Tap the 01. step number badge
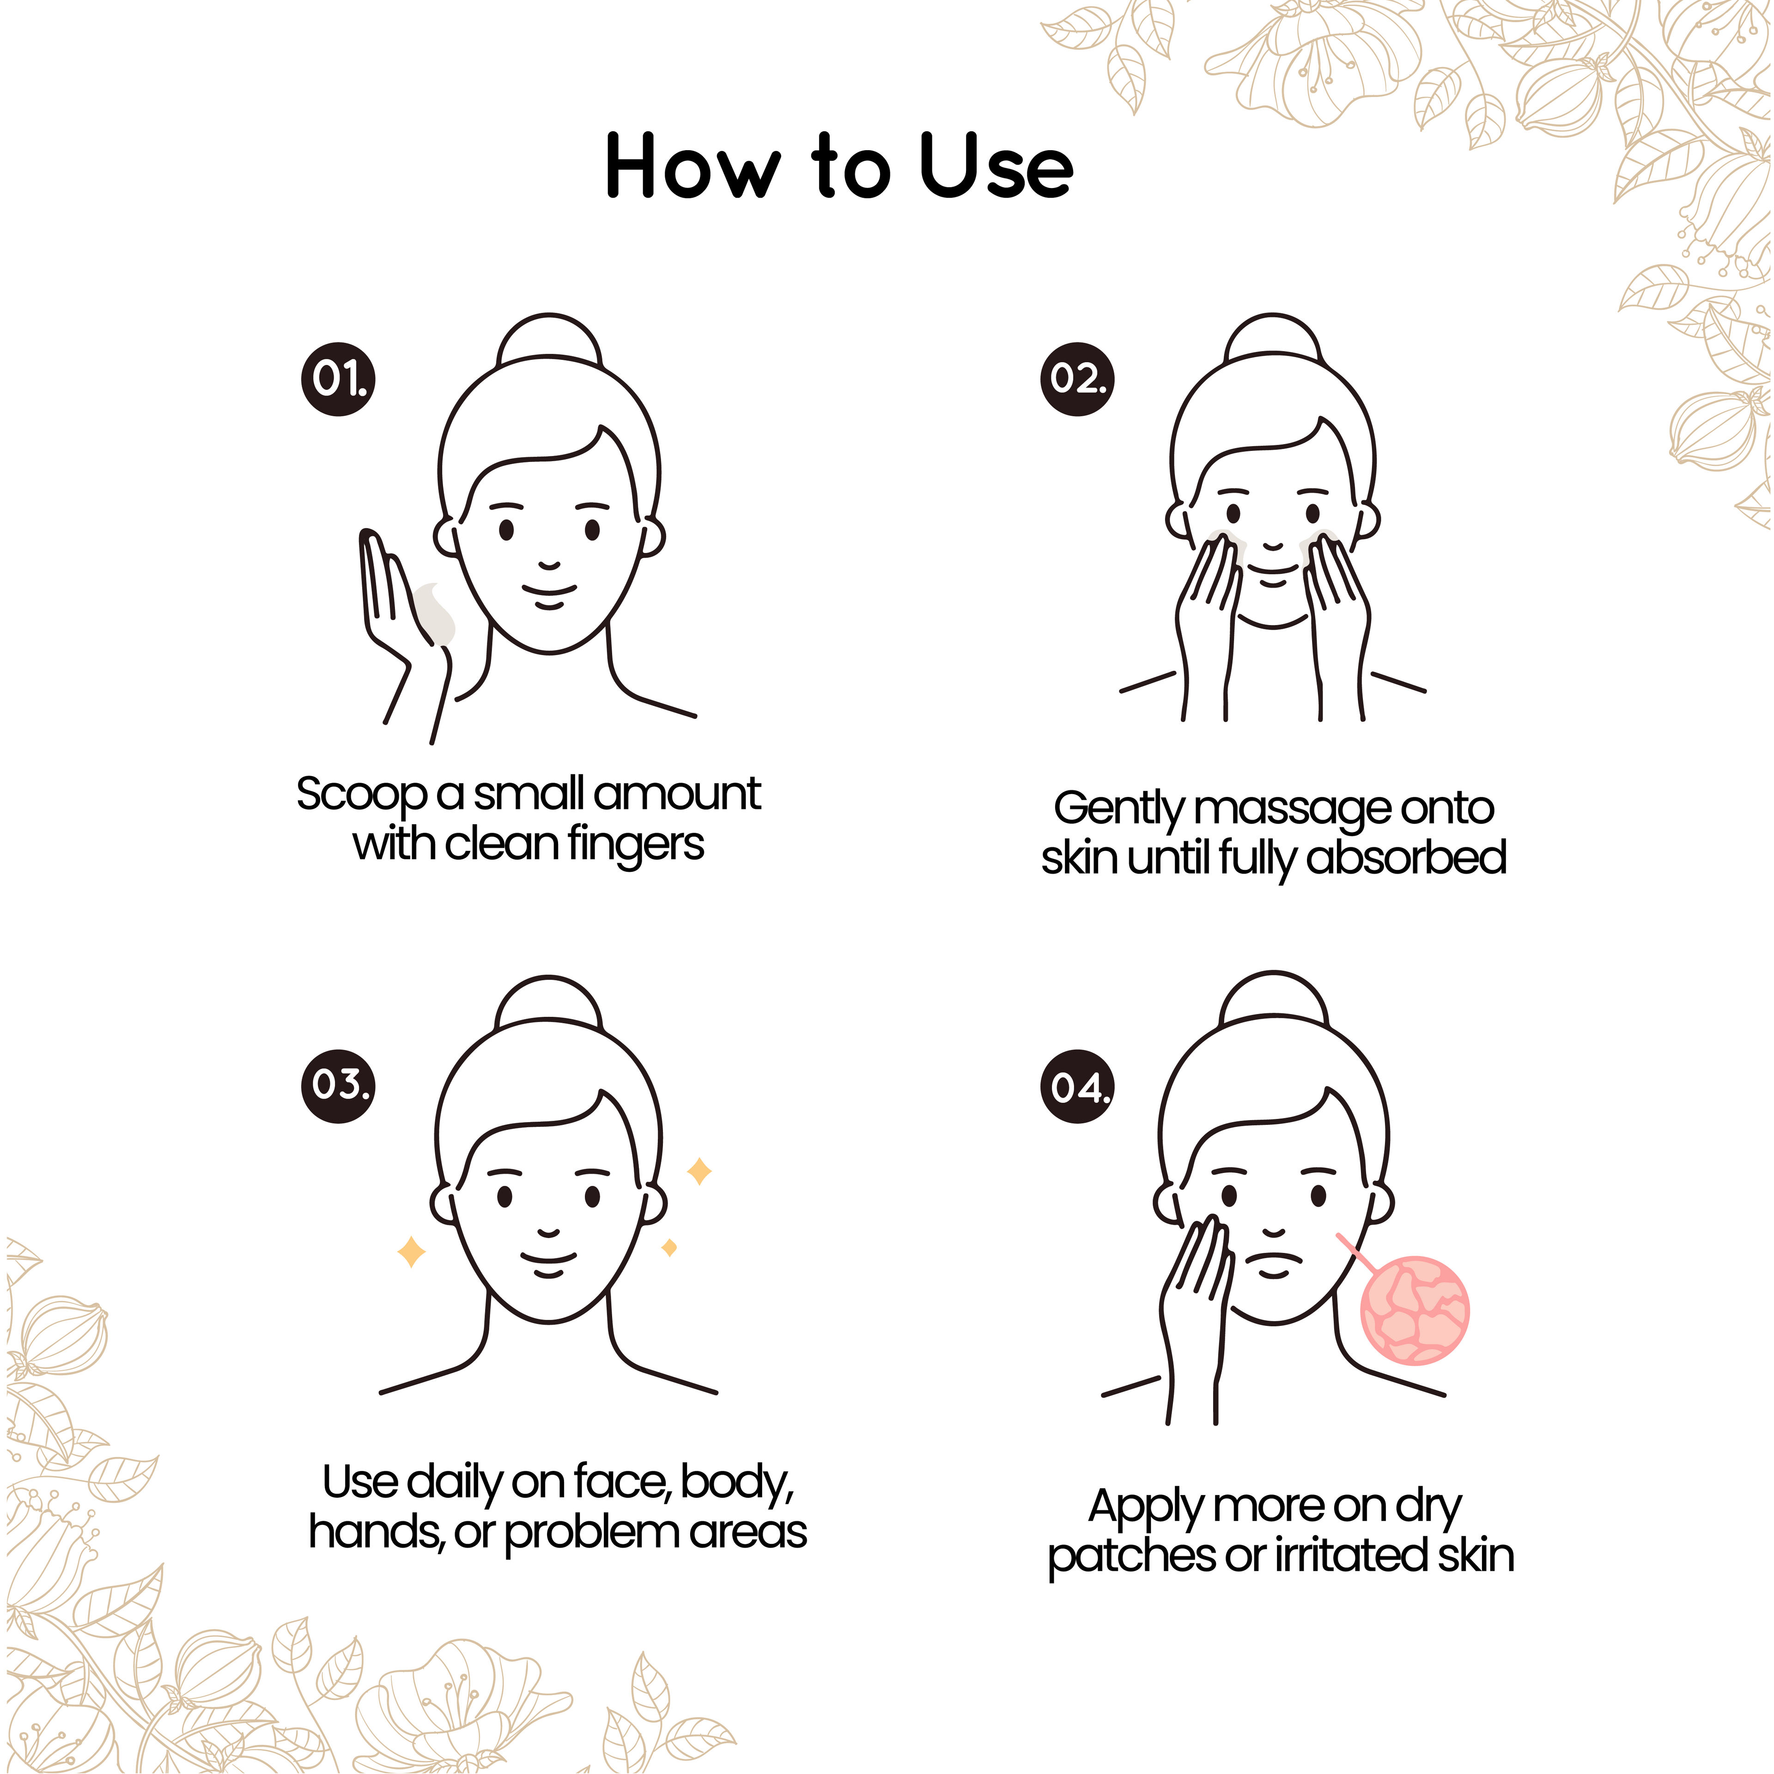[x=338, y=379]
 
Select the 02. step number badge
[x=1077, y=379]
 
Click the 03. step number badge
[x=338, y=1085]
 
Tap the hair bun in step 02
[x=1273, y=338]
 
